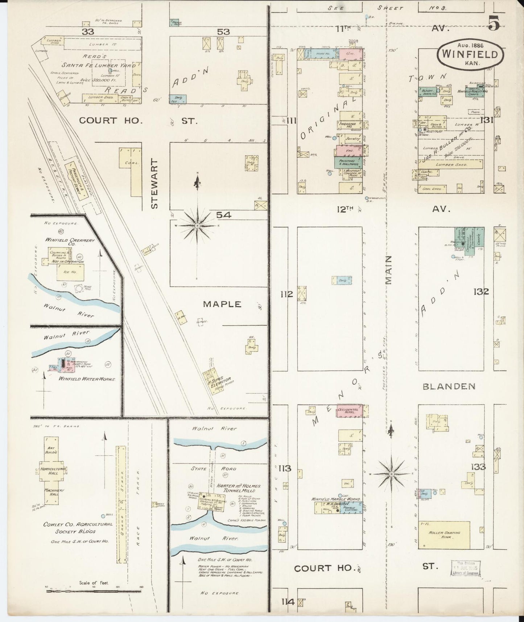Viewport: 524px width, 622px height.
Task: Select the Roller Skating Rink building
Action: click(x=445, y=535)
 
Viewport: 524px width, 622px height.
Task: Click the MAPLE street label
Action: click(x=222, y=304)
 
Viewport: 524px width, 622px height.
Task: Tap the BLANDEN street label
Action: click(x=449, y=386)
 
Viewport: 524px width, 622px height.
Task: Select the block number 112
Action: click(x=286, y=294)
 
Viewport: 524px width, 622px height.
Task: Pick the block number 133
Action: click(x=478, y=467)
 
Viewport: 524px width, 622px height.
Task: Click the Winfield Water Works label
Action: click(x=87, y=379)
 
